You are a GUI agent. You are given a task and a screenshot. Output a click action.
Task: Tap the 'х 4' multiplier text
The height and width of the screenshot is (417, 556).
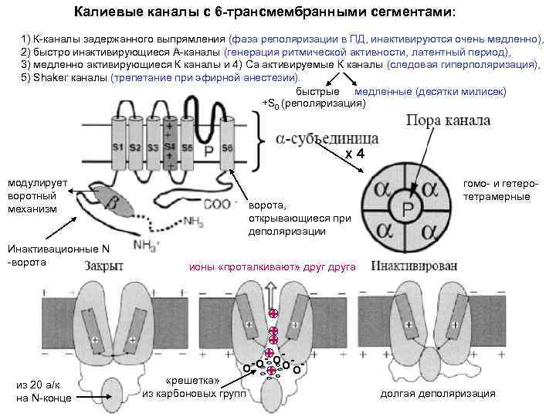point(355,154)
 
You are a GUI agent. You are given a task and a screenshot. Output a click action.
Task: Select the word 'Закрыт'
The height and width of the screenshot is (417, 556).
point(103,266)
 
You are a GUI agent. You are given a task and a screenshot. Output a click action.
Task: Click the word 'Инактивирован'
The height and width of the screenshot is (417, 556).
point(413,266)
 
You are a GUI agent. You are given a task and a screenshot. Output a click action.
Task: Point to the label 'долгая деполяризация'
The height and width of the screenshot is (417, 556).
point(438,393)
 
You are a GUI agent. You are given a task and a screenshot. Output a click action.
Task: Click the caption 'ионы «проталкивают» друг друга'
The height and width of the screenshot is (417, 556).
point(273,267)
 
